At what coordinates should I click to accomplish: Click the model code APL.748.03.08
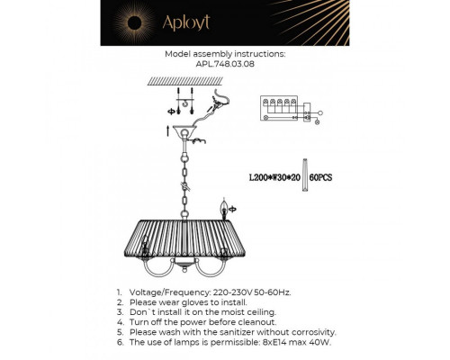(224, 65)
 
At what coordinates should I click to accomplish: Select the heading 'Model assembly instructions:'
(224, 54)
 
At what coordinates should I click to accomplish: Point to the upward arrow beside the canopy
(168, 133)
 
